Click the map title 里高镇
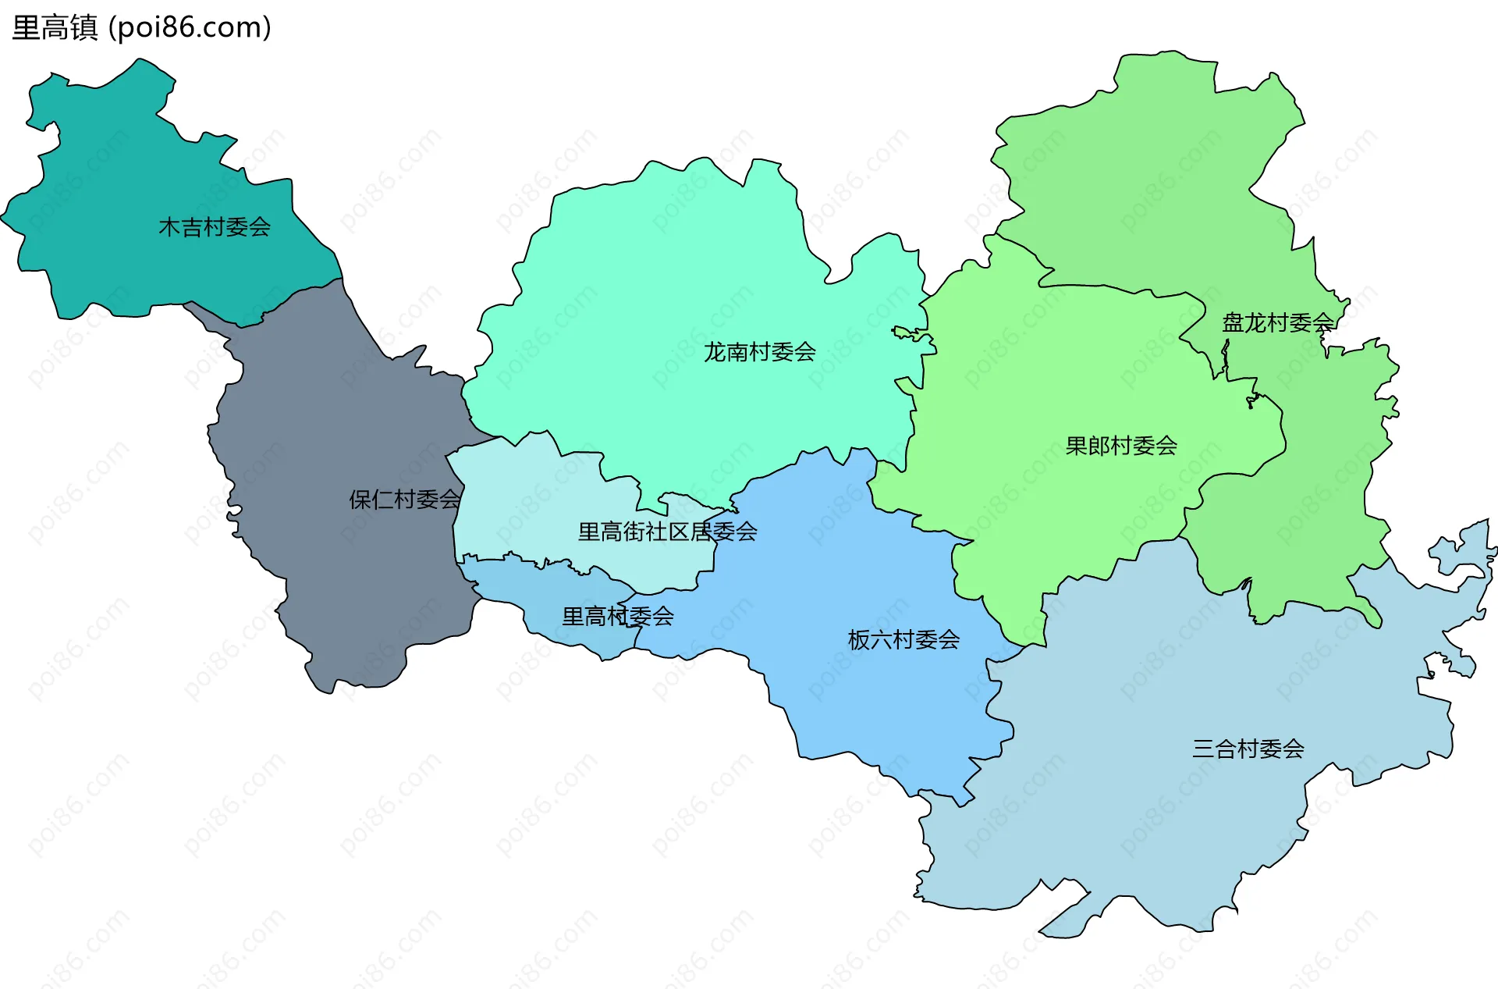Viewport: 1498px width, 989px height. (55, 28)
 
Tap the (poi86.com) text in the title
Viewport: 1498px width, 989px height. (190, 28)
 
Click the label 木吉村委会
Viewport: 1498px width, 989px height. (215, 227)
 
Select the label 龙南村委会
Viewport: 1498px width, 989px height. (759, 352)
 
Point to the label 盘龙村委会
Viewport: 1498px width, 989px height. (1277, 322)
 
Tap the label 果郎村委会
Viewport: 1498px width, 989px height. (1121, 446)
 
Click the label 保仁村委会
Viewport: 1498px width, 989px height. (405, 500)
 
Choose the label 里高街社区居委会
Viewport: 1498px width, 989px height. (667, 532)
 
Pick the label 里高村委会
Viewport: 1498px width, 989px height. (618, 617)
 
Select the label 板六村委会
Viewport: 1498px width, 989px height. (903, 640)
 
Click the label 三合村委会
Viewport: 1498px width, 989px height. (1248, 749)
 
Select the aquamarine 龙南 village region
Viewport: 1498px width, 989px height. (663, 273)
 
